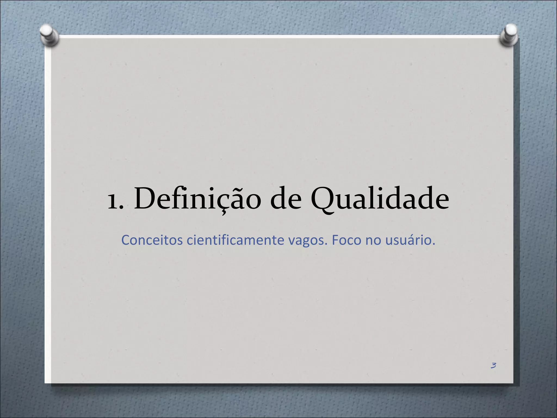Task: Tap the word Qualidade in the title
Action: tap(380, 199)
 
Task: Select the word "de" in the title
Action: tap(286, 199)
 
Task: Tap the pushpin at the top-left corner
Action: tap(49, 35)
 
